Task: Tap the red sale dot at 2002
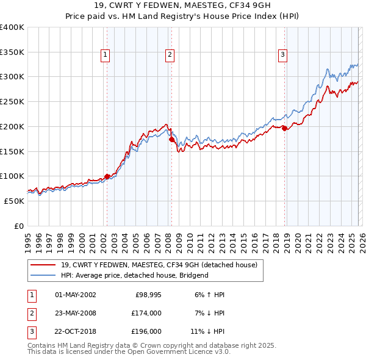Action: point(107,177)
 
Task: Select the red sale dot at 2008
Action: point(171,139)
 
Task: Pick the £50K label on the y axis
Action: point(14,201)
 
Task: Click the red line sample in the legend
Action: point(43,265)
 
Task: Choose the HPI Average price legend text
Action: point(135,275)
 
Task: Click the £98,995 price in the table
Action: point(148,295)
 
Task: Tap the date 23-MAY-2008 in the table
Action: point(76,313)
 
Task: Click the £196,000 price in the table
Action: point(145,332)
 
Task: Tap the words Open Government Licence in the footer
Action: point(182,352)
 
